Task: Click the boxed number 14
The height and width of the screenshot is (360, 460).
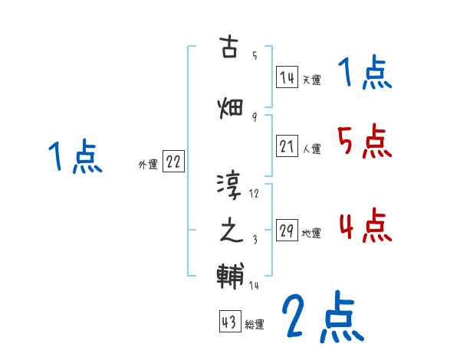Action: (x=287, y=77)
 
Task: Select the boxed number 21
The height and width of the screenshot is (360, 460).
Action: (x=287, y=147)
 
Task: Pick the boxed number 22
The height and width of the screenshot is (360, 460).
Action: (x=173, y=162)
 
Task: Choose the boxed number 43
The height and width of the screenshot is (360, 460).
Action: (x=229, y=322)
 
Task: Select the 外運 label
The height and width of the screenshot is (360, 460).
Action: (x=147, y=164)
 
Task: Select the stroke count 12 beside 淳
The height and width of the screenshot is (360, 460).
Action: (x=255, y=194)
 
